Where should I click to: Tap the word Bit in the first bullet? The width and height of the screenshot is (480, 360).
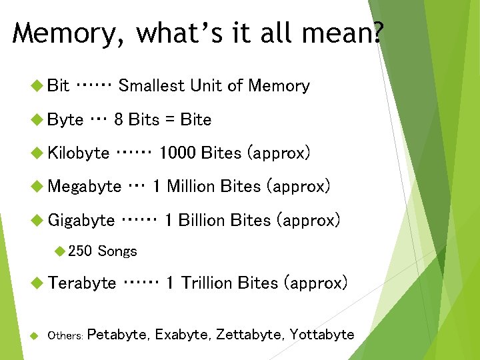point(59,85)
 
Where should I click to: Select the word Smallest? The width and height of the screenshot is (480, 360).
point(151,85)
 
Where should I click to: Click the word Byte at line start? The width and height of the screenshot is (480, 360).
point(66,120)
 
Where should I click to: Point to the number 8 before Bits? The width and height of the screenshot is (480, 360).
point(119,120)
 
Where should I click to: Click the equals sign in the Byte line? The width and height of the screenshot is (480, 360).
point(170,120)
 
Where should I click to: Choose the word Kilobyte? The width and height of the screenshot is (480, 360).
point(79,153)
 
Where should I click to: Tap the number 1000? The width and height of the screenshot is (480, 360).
point(177,153)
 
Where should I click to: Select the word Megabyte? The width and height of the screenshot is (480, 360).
point(85,187)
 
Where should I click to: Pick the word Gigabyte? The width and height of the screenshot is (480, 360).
point(81,220)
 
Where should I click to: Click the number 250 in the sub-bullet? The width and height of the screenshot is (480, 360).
point(80,251)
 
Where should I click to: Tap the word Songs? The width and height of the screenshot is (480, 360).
point(117,251)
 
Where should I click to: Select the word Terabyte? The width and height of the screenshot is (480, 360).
point(82,283)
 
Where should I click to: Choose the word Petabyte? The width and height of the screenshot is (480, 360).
point(117,335)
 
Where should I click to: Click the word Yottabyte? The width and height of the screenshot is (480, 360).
point(322,335)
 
